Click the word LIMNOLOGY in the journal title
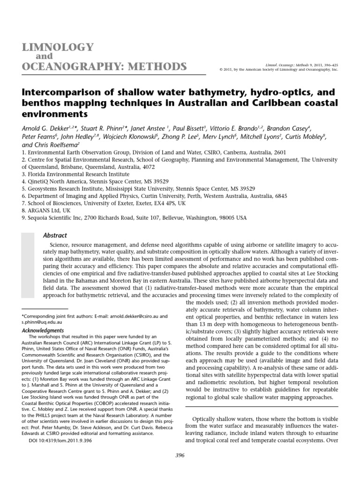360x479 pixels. [x=55, y=47]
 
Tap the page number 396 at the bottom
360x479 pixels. [x=180, y=455]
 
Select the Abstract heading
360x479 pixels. [x=55, y=235]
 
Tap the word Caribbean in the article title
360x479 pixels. [x=277, y=102]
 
